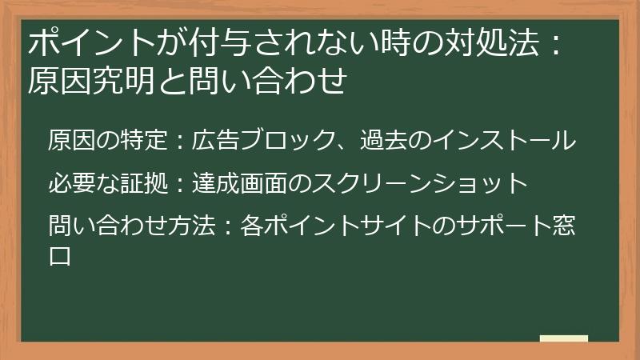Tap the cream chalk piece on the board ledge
(x=563, y=339)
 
